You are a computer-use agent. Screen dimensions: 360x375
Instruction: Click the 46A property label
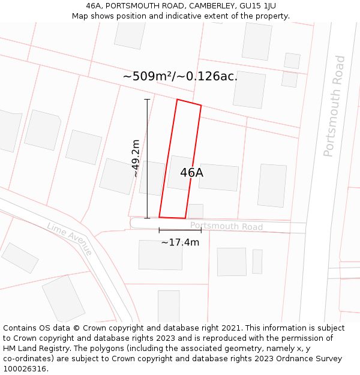click(191, 173)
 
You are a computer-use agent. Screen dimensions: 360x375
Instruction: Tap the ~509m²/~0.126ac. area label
click(180, 76)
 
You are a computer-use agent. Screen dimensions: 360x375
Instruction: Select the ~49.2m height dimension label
click(136, 158)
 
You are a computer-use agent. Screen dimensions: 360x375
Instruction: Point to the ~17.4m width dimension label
click(180, 242)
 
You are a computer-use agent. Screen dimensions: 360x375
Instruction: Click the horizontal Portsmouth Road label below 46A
click(226, 227)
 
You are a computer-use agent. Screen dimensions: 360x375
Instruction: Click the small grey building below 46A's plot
click(195, 211)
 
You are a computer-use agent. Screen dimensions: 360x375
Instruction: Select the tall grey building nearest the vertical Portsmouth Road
click(272, 185)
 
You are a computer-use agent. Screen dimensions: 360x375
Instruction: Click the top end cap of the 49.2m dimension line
click(147, 99)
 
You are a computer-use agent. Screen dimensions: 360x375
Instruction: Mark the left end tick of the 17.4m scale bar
click(159, 230)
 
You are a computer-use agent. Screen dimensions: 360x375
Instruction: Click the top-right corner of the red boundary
click(201, 106)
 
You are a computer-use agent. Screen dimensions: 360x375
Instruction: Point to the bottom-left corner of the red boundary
click(159, 217)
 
